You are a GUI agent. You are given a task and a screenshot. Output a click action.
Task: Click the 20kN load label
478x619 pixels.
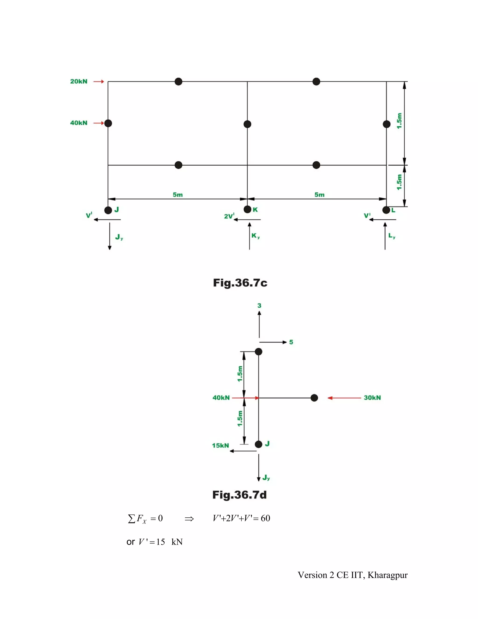pos(79,82)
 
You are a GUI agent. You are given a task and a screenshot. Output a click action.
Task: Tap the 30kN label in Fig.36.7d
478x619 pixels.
pos(372,398)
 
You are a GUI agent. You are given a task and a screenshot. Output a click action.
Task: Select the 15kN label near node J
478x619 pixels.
pos(220,445)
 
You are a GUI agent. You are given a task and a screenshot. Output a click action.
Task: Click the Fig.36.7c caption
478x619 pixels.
pos(240,283)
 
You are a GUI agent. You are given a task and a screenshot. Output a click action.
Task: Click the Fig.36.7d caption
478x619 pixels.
pos(239,495)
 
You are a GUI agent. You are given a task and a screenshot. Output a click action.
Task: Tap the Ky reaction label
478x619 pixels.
pos(255,236)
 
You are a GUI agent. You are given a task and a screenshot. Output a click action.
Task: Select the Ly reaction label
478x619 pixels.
pos(392,236)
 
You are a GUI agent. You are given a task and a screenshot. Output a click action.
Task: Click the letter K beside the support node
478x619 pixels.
pos(255,210)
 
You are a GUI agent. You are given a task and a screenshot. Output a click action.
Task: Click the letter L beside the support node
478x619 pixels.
pos(393,210)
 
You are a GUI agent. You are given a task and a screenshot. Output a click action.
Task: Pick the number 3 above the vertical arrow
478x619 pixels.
pos(259,306)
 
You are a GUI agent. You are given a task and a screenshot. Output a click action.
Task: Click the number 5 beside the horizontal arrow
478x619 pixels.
pos(291,342)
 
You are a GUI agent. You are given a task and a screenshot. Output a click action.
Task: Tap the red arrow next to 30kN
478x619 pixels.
pos(344,398)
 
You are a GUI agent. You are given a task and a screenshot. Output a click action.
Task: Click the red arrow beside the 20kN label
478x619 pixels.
pos(99,82)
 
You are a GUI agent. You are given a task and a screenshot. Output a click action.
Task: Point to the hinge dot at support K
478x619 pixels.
pos(247,210)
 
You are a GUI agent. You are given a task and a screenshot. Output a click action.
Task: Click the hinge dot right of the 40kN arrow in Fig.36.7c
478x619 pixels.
pos(108,123)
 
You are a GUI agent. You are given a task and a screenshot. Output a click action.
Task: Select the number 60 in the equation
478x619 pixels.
pos(265,518)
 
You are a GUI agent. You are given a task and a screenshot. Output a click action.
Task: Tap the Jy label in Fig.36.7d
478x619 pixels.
pos(266,478)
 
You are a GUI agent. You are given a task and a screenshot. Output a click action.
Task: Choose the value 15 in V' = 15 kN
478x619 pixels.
pos(161,542)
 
